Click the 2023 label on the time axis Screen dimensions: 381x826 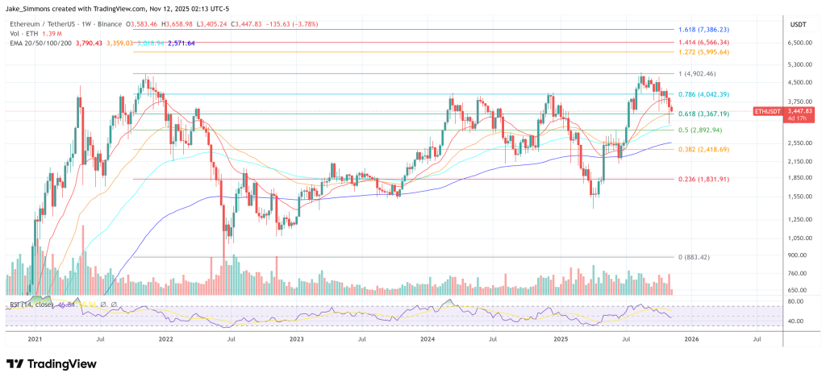pyautogui.click(x=297, y=339)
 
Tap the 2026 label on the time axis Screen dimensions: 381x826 pyautogui.click(x=691, y=339)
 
